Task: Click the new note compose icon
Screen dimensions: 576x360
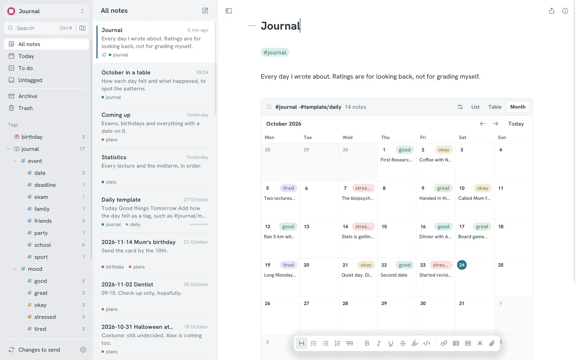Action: point(205,10)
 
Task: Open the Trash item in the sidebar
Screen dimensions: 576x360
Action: point(25,108)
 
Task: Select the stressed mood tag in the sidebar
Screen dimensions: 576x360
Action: point(45,317)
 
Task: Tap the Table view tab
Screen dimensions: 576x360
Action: point(495,107)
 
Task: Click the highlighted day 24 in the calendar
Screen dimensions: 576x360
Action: point(462,265)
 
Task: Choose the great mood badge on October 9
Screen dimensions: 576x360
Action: point(443,188)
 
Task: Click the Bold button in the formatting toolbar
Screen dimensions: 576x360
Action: point(367,343)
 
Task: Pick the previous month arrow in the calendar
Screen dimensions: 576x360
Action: point(482,124)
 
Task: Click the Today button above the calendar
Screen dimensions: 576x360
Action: point(516,124)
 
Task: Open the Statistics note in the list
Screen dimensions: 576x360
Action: point(114,157)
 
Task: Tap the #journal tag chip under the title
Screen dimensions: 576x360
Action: point(275,52)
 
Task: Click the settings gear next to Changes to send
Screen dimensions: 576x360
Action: point(83,350)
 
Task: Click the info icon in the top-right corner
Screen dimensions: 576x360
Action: point(565,11)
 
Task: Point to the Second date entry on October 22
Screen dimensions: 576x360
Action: point(394,275)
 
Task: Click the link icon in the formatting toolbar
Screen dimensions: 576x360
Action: point(444,343)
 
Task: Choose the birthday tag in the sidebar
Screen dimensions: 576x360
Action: point(32,137)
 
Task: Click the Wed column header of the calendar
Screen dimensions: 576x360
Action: point(347,137)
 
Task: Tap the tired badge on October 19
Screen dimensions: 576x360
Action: point(288,265)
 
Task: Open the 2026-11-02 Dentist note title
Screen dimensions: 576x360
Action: point(127,284)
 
